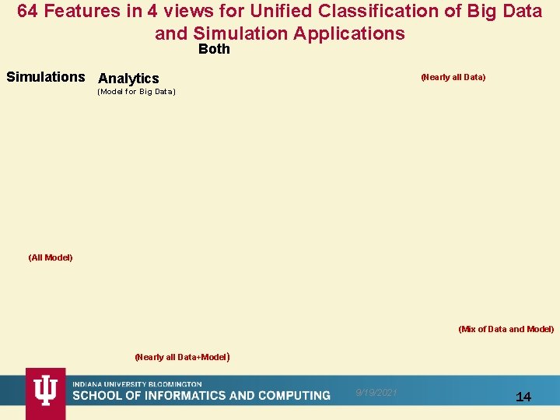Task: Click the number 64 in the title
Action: [29, 12]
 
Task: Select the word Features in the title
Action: [82, 12]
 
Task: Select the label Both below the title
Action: [214, 49]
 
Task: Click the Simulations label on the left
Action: [45, 77]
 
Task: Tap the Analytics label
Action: [128, 79]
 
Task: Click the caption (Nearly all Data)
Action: [453, 77]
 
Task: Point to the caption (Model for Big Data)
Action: [136, 93]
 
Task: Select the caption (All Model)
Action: [50, 257]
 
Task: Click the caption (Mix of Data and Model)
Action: [506, 329]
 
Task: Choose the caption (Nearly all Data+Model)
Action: [182, 357]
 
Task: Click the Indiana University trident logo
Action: [45, 393]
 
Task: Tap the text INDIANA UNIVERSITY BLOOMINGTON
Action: [137, 384]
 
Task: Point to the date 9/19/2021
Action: [376, 393]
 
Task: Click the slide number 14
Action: [523, 397]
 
